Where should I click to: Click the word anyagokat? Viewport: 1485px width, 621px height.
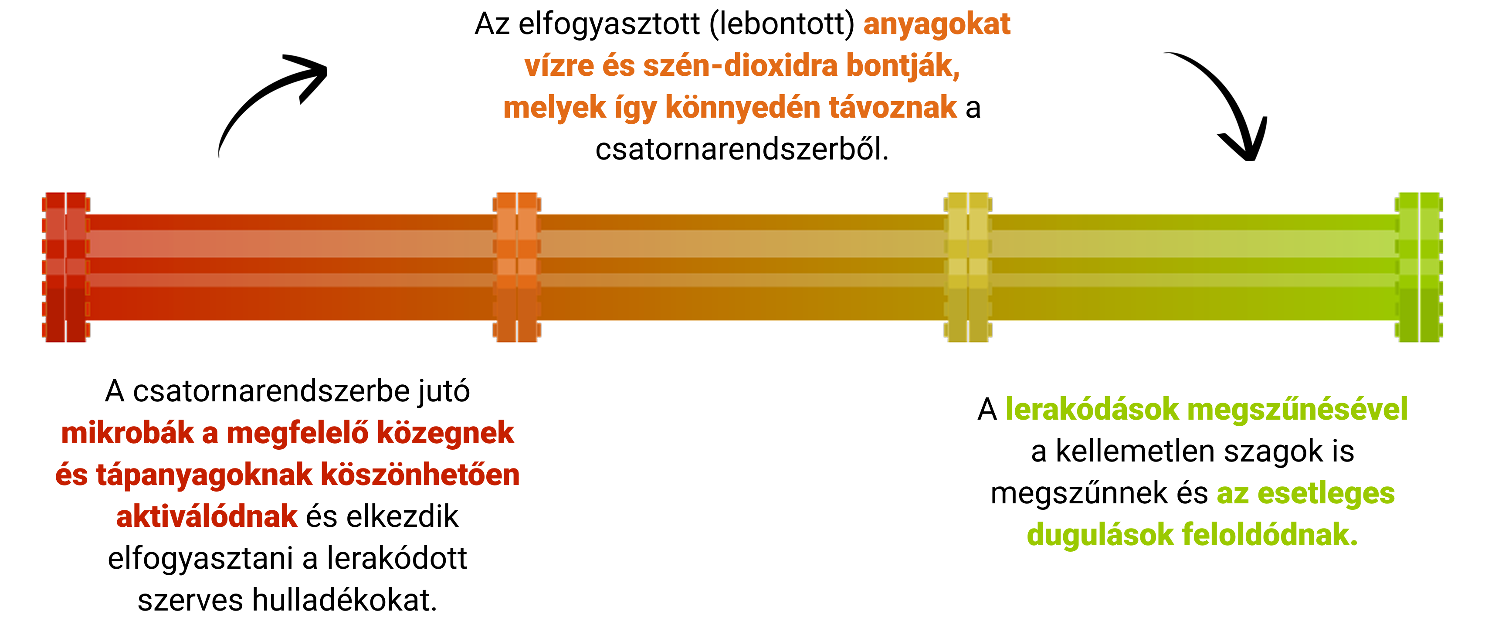coord(936,25)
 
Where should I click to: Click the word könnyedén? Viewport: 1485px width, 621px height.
coord(742,108)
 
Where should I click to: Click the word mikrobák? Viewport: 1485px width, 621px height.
coord(127,433)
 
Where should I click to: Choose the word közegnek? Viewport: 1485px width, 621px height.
coord(445,433)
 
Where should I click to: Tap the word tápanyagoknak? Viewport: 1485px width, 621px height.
coord(204,475)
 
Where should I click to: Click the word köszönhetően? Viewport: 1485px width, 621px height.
coord(420,475)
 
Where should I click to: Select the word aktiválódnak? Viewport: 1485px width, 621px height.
coord(207,517)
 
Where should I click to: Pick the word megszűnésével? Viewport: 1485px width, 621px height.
coord(1297,409)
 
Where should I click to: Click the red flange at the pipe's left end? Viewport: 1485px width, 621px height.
coord(65,267)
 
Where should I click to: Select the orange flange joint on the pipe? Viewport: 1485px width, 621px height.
coord(516,267)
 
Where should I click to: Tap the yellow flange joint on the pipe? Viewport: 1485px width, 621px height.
coord(968,267)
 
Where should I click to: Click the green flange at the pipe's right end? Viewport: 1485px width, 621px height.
coord(1419,267)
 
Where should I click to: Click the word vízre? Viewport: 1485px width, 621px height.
coord(559,66)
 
